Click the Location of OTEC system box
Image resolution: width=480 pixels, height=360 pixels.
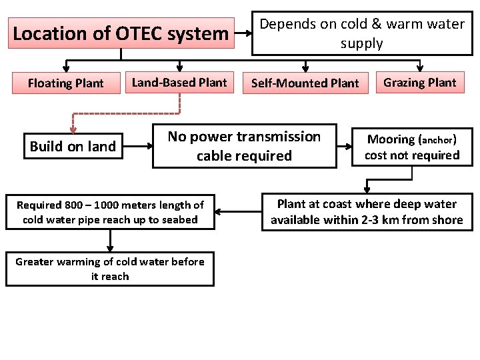tap(121, 33)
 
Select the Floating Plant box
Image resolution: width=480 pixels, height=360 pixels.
tap(65, 83)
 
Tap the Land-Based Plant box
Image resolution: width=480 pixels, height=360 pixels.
tap(179, 83)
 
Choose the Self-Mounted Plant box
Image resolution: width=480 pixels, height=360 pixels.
tap(305, 83)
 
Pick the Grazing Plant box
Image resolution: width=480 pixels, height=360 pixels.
tap(420, 83)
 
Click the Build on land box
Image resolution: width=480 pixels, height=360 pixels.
tap(73, 147)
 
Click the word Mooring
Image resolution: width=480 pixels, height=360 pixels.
tap(391, 139)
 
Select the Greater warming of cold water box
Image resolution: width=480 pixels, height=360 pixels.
tap(110, 269)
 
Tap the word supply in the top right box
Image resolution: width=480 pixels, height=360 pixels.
tap(361, 44)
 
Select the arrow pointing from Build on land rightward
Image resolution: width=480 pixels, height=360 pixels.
tap(139, 146)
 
